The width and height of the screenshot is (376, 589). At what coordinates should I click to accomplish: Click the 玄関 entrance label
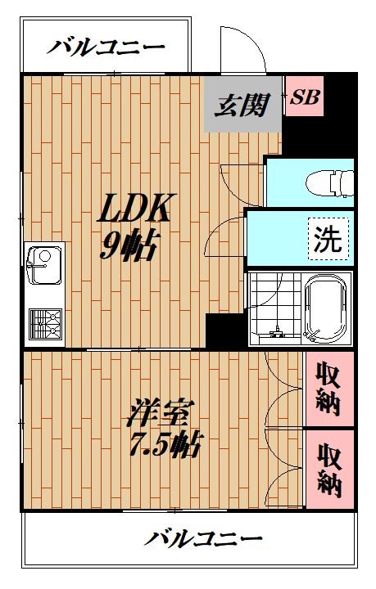[242, 106]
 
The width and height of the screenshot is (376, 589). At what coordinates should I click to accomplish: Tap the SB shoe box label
[305, 97]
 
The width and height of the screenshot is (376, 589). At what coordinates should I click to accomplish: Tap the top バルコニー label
[105, 47]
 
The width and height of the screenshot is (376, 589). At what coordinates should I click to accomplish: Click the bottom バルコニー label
[204, 539]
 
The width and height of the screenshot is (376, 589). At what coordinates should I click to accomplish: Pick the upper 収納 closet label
[329, 390]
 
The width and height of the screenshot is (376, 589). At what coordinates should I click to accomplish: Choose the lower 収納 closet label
[329, 470]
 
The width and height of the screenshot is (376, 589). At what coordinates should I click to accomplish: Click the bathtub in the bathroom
[326, 308]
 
